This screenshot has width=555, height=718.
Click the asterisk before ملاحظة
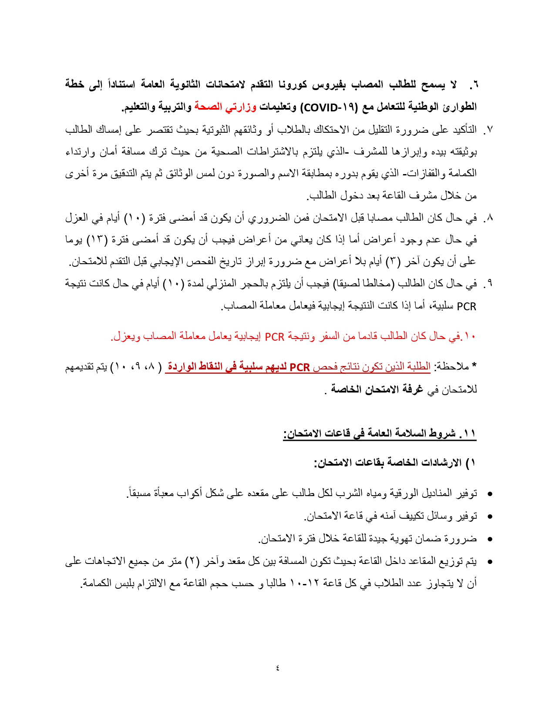(x=474, y=366)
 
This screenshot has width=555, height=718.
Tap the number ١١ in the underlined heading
(x=469, y=433)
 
